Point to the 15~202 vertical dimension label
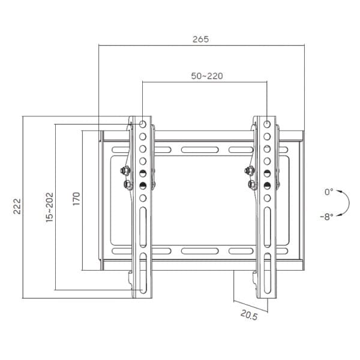pos(49,207)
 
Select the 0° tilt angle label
pos(328,192)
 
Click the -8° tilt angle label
pos(326,216)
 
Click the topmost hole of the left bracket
pos(143,125)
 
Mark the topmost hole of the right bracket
pos(267,125)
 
